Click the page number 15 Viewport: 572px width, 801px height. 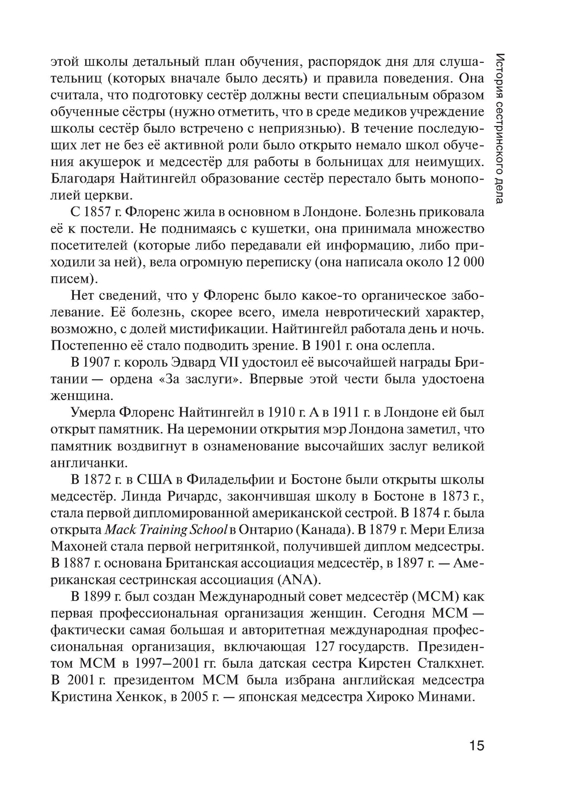[476, 746]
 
